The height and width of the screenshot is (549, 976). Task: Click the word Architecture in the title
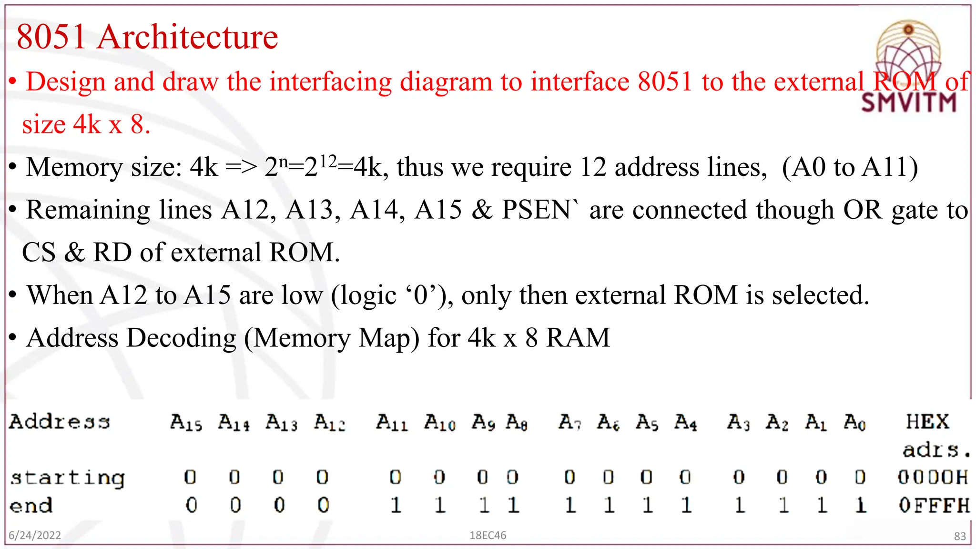tap(187, 37)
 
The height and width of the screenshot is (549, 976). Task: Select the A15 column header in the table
tap(186, 422)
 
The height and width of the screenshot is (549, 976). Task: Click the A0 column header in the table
tap(854, 422)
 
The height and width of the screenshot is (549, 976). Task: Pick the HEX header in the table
tap(927, 421)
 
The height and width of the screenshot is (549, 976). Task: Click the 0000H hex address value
tap(933, 477)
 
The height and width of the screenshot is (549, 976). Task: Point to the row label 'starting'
tap(67, 478)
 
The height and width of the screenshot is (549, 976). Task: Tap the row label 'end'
tap(31, 505)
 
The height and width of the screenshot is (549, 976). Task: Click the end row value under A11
tap(396, 505)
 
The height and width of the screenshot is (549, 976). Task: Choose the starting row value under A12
tap(322, 477)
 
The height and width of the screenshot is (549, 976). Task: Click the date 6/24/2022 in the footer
tap(35, 535)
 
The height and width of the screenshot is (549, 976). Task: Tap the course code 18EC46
tap(488, 535)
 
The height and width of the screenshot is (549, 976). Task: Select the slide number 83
tap(960, 536)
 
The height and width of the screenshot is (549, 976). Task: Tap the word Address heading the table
tap(60, 422)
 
